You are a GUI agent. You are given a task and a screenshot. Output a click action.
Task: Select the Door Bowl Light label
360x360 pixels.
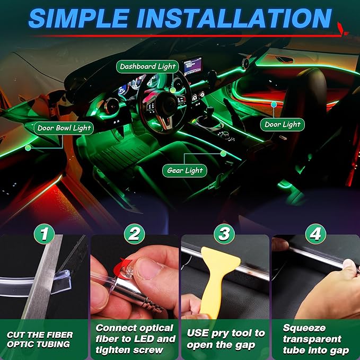[x=64, y=128]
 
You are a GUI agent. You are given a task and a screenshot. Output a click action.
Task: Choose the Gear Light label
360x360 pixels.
[x=185, y=171]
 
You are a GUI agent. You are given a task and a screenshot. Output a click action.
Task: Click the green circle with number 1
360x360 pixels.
[x=45, y=233]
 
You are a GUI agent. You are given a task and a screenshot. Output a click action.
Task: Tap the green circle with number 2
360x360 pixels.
[x=135, y=233]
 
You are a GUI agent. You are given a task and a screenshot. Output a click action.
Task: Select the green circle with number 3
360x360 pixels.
[x=225, y=233]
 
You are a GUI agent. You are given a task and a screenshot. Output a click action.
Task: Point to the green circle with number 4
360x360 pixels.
[x=315, y=233]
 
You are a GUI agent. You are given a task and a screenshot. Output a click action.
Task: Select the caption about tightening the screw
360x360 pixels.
[x=135, y=339]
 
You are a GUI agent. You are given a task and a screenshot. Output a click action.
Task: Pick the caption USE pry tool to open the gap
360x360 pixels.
[x=225, y=339]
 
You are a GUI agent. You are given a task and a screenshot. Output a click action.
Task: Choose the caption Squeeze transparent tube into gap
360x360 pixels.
[x=315, y=339]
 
